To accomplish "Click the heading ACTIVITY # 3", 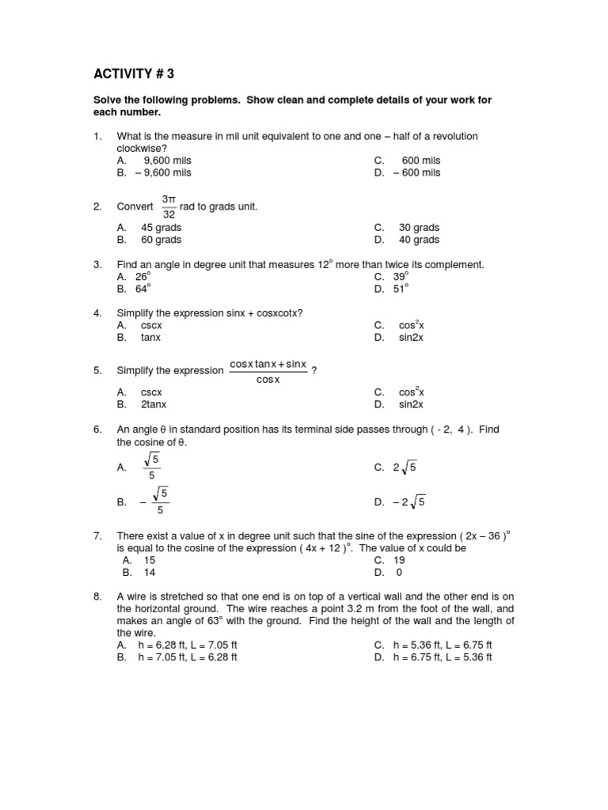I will coord(133,74).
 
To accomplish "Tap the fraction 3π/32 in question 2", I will coord(169,206).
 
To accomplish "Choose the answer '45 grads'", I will coord(161,228).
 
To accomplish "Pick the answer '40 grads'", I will coord(419,240).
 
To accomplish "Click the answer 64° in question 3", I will coord(142,289).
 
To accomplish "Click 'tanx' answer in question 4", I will coord(150,337).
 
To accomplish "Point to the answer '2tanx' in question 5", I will coord(154,404).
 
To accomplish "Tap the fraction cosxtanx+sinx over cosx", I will coord(268,371).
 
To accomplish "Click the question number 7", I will coord(97,536).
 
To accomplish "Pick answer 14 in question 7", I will coord(150,572).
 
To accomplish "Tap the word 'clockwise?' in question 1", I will coord(142,148).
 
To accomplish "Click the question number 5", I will coord(97,370).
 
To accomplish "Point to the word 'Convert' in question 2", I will coord(135,206).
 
